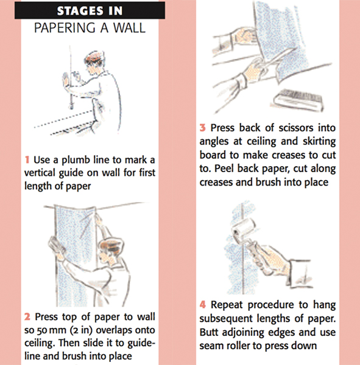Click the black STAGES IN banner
[90, 11]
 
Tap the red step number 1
[28, 160]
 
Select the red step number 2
[28, 317]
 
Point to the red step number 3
[203, 129]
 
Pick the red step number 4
[203, 303]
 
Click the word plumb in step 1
[71, 160]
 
